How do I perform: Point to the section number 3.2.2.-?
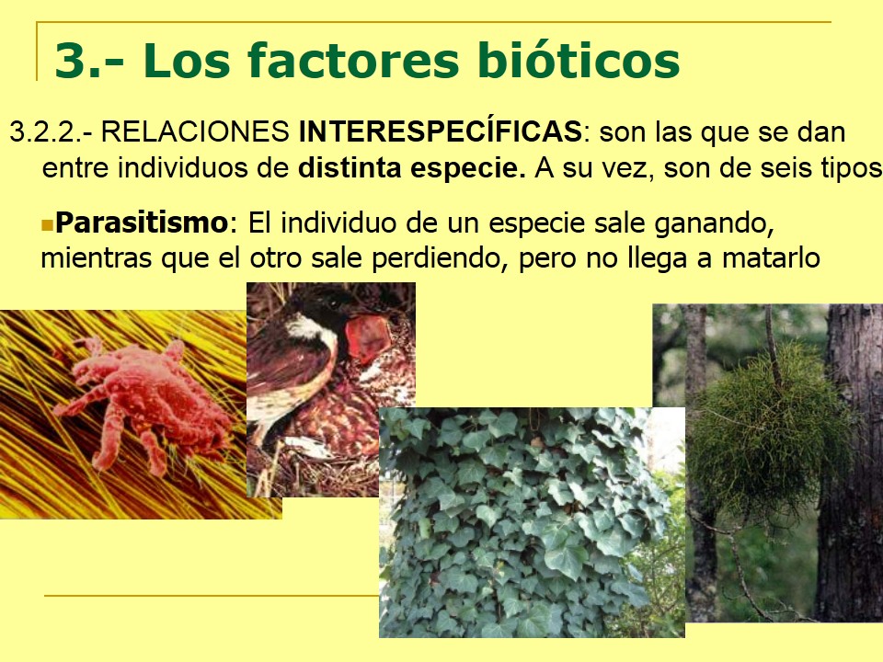[50, 132]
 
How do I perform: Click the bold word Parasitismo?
[141, 223]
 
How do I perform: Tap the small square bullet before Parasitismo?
[48, 223]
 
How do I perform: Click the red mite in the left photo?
[147, 395]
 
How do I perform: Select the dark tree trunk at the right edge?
[851, 460]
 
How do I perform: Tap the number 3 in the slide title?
[70, 61]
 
